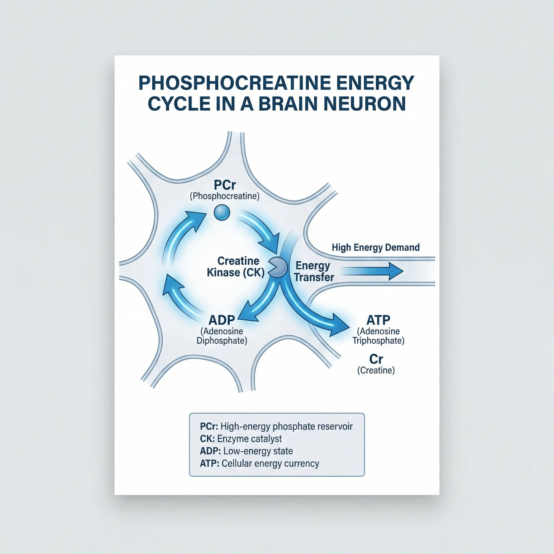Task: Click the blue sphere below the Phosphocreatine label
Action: pyautogui.click(x=222, y=212)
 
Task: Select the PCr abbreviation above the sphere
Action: pyautogui.click(x=225, y=185)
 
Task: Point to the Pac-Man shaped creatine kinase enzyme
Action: pyautogui.click(x=278, y=267)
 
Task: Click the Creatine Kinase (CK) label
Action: pyautogui.click(x=236, y=267)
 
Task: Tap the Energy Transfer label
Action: pyautogui.click(x=314, y=271)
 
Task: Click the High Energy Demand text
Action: pyautogui.click(x=375, y=247)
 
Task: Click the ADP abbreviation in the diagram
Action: pyautogui.click(x=222, y=320)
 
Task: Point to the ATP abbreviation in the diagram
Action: pyautogui.click(x=378, y=320)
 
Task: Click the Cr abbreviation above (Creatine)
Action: pyautogui.click(x=376, y=359)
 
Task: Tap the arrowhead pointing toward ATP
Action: pyautogui.click(x=340, y=325)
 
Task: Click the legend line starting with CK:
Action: pyautogui.click(x=240, y=438)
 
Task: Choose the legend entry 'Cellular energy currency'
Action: pyautogui.click(x=259, y=463)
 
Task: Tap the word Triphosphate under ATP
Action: pyautogui.click(x=378, y=340)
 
